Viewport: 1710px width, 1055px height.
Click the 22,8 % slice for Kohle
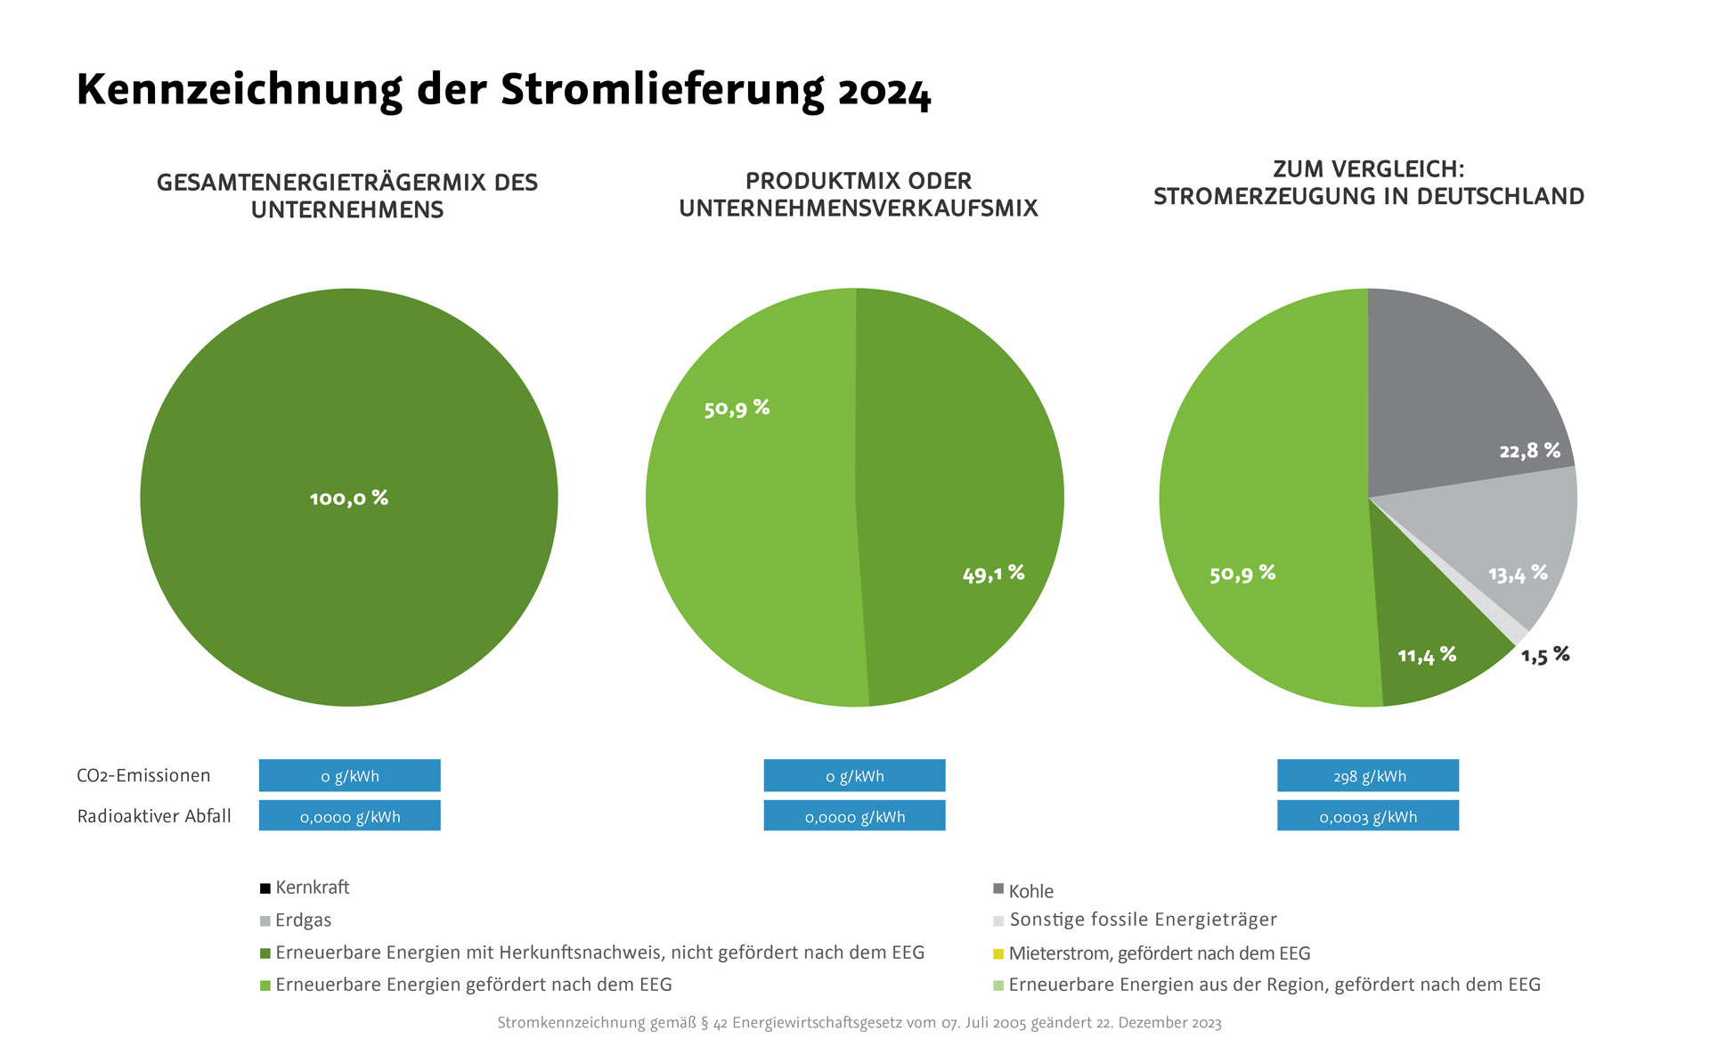click(x=1461, y=392)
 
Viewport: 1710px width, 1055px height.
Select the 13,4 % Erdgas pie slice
click(x=1496, y=544)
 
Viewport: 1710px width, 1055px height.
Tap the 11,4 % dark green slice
click(x=1425, y=642)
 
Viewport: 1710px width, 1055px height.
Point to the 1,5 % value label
click(x=1545, y=656)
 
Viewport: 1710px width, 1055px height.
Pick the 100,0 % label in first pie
click(x=349, y=498)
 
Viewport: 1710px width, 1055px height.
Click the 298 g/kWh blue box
click(x=1368, y=775)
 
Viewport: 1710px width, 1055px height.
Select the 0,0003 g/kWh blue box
click(x=1368, y=816)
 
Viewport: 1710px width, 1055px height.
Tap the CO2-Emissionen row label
click(x=143, y=775)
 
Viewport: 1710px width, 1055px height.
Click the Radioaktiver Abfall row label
click(x=154, y=816)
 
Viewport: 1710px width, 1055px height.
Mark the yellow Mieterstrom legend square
click(x=998, y=954)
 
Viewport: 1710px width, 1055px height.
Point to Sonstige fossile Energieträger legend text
click(x=1143, y=920)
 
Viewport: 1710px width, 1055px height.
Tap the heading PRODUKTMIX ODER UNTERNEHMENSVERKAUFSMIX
click(x=859, y=194)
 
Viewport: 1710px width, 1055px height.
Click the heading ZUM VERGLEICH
click(x=1368, y=169)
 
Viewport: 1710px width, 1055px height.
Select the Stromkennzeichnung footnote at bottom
click(x=859, y=1023)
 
